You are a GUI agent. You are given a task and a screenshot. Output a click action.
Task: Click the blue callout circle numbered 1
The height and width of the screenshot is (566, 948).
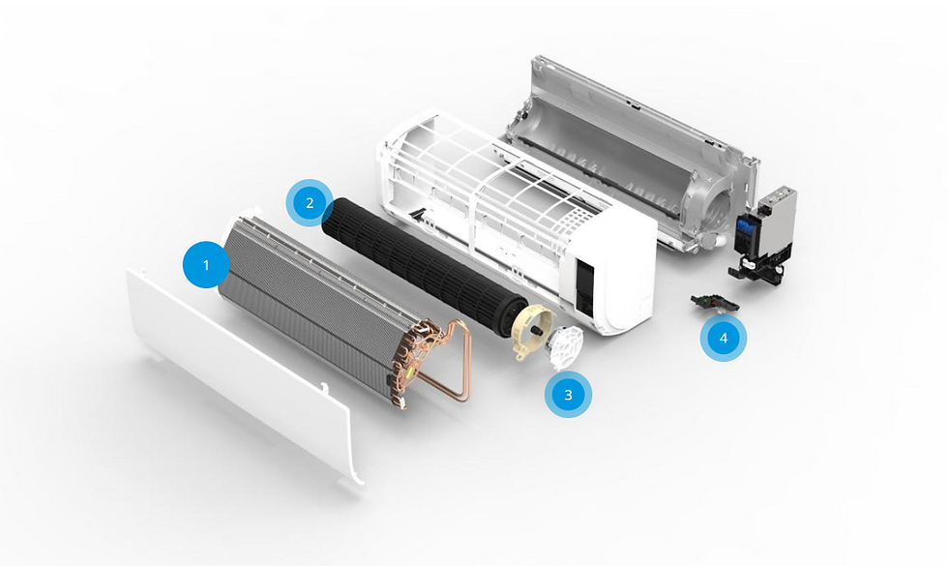[206, 265]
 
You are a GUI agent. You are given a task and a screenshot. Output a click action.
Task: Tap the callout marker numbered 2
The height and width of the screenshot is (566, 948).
[310, 202]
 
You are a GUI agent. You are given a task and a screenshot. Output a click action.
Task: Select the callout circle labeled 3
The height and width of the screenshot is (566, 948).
[569, 395]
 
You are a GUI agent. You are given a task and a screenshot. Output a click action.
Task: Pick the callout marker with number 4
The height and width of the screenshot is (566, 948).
[724, 338]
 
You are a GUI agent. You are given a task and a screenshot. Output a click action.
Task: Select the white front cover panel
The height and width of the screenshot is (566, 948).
[245, 375]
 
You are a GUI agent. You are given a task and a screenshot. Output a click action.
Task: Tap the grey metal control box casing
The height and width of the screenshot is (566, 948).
[777, 221]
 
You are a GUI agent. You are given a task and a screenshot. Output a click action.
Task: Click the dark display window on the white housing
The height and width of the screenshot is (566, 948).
[584, 288]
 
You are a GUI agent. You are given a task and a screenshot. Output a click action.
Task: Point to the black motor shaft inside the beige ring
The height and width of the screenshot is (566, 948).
[535, 331]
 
